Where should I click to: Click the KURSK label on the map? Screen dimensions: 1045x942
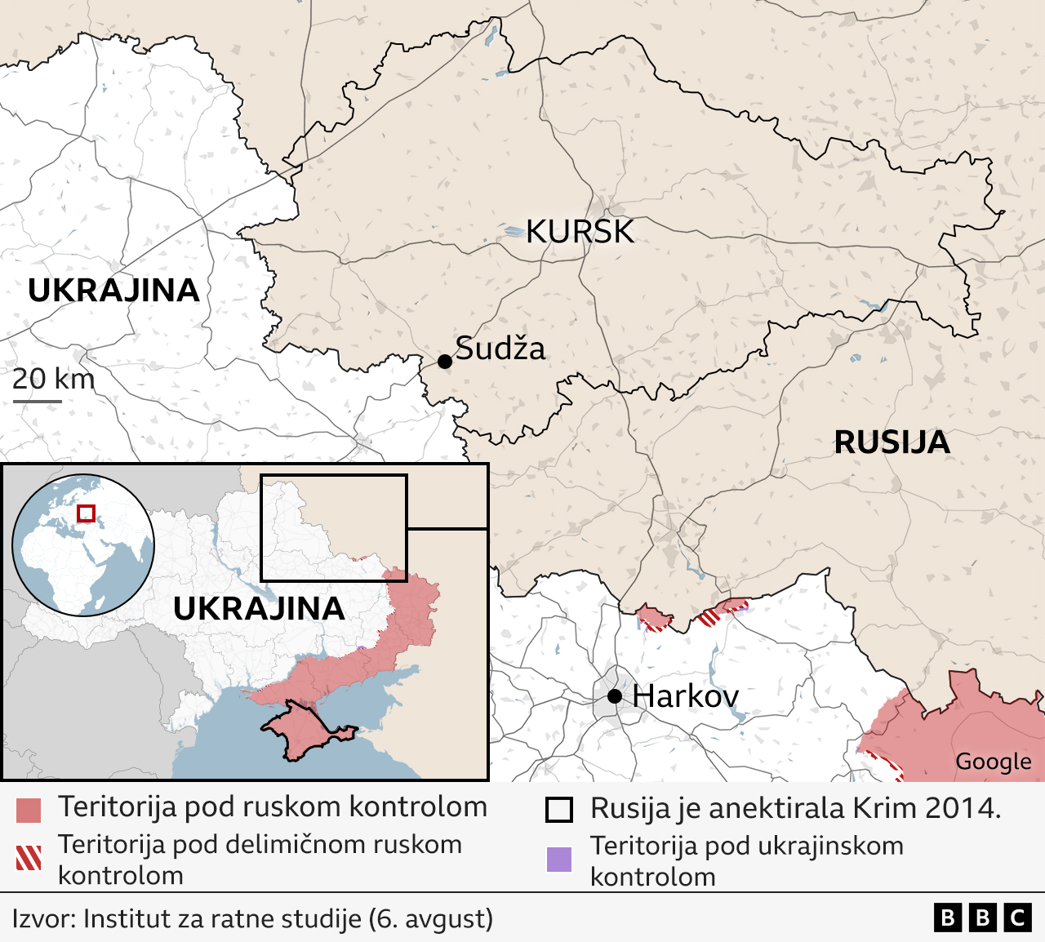click(x=580, y=232)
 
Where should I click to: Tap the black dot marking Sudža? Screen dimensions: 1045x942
click(x=445, y=361)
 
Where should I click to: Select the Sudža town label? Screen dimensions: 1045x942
click(x=500, y=349)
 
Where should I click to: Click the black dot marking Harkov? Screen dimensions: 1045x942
click(x=615, y=696)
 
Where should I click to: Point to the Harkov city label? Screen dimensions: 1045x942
click(x=685, y=696)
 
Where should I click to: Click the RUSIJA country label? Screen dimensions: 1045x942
click(x=892, y=442)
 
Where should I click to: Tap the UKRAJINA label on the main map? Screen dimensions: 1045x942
click(x=113, y=291)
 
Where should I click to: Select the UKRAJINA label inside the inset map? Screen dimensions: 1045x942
click(x=259, y=609)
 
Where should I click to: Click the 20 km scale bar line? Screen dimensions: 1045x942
click(x=38, y=401)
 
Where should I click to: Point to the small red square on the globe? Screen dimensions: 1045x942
click(x=86, y=513)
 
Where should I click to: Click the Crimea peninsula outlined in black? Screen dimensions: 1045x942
click(x=302, y=731)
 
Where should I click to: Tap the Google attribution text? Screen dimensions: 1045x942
click(x=993, y=762)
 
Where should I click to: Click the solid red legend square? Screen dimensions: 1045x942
click(x=29, y=811)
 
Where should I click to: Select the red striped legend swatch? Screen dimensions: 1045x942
click(x=29, y=858)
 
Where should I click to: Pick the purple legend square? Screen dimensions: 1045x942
click(x=559, y=860)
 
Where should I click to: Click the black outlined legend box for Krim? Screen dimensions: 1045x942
click(x=559, y=810)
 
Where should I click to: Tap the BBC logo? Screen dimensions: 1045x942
click(x=982, y=918)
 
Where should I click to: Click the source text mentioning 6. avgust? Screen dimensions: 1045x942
click(x=252, y=918)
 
